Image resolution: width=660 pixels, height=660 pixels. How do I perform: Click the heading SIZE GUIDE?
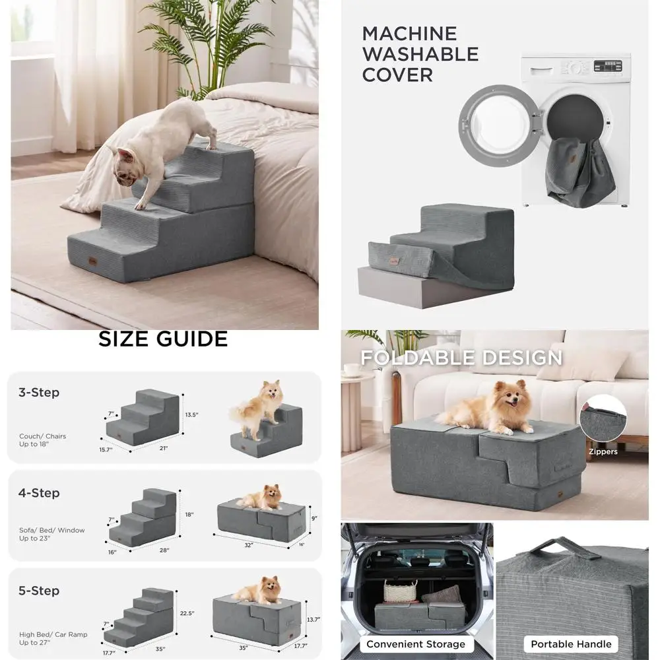coord(163,339)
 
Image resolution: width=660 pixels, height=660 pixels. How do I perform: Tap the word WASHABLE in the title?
coord(420,53)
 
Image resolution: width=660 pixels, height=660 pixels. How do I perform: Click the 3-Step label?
coord(38,393)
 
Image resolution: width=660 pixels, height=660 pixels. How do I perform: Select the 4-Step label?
coord(38,493)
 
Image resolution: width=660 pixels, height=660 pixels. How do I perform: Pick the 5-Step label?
coord(38,591)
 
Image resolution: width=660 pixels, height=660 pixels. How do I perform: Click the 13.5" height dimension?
coord(192,415)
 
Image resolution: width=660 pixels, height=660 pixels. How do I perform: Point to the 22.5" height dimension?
coord(187,613)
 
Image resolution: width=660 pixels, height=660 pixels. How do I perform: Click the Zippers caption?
coord(603,452)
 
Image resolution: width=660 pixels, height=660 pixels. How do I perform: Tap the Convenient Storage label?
coord(416,644)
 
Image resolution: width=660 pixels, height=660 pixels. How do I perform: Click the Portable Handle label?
coord(572,644)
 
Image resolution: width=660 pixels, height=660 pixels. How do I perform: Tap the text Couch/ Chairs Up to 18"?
coord(42,440)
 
